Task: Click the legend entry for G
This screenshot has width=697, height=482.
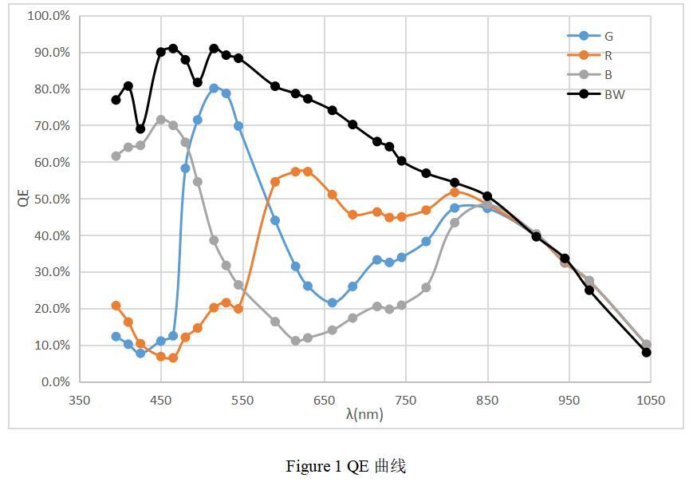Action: point(608,36)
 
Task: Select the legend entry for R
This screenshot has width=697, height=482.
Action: point(608,55)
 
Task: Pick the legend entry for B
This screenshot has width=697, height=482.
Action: point(608,75)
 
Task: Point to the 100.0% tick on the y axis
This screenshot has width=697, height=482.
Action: point(49,16)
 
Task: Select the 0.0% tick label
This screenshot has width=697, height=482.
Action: point(54,382)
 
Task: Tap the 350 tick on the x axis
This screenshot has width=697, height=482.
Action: point(79,401)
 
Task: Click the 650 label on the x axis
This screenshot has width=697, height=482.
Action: point(324,401)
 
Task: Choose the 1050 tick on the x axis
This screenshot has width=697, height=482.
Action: point(651,401)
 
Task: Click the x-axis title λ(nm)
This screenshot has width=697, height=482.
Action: point(364,414)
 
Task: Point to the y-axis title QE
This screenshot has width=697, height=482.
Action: point(23,199)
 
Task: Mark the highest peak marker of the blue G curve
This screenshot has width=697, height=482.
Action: point(214,89)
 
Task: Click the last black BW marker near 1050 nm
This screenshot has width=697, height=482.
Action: point(646,352)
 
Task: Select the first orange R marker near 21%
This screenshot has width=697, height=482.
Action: point(116,306)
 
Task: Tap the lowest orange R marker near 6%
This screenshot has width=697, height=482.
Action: point(173,358)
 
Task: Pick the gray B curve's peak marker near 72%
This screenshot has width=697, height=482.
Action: point(161,120)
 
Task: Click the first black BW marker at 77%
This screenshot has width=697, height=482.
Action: point(116,100)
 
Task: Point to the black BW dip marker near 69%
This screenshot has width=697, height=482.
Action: point(140,128)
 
